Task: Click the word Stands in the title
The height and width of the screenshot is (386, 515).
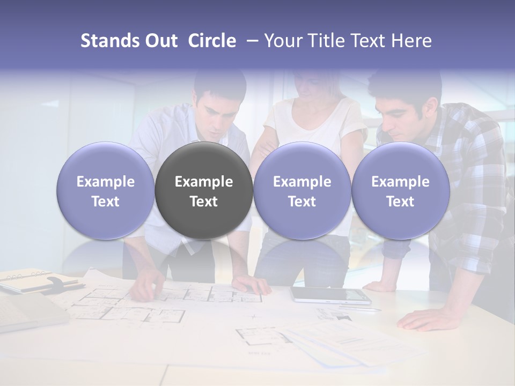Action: click(109, 41)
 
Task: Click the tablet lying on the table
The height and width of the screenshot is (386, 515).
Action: click(330, 295)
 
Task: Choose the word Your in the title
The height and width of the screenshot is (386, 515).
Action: click(282, 41)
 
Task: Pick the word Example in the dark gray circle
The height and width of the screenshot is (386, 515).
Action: click(204, 182)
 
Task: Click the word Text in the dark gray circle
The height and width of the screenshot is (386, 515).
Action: click(204, 202)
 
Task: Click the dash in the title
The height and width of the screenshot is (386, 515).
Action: click(250, 41)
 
